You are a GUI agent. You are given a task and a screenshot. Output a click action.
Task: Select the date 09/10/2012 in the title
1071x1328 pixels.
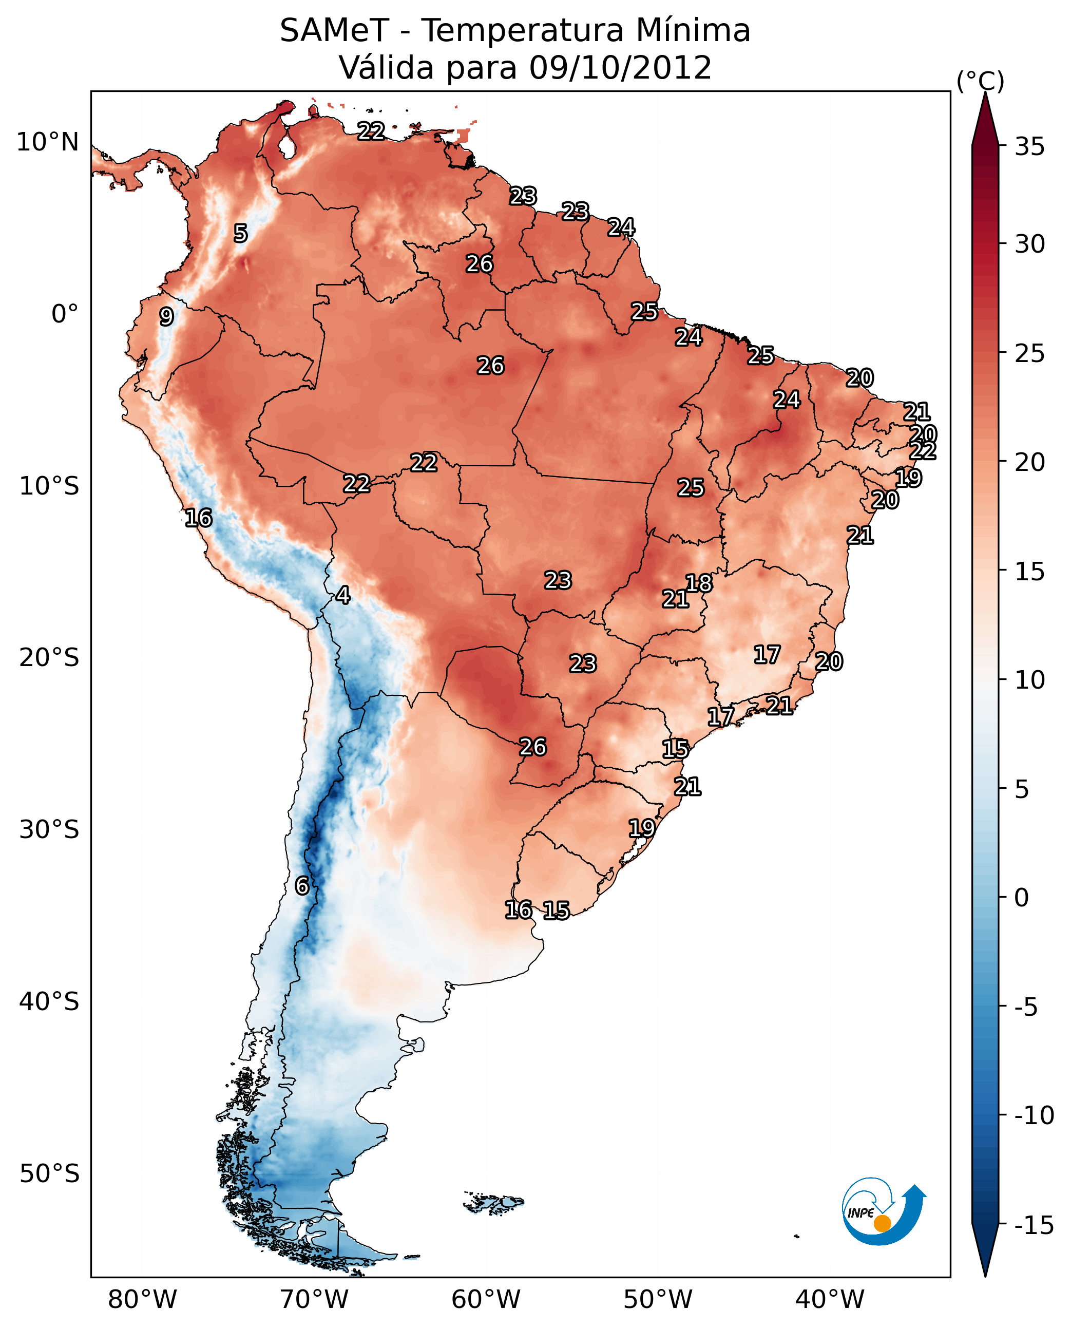coord(620,68)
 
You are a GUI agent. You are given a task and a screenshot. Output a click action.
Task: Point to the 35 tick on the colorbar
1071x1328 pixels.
coord(1029,147)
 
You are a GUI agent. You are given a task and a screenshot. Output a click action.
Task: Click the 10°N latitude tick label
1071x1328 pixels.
coord(48,143)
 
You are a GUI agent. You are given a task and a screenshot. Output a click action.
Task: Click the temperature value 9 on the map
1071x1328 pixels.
coord(166,316)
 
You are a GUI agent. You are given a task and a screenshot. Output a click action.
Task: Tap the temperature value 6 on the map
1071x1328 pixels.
coord(302,885)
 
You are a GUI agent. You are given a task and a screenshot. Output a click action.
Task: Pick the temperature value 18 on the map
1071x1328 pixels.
coord(699,583)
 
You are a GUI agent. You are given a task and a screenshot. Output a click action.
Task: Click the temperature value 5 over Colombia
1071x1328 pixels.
coord(241,233)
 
